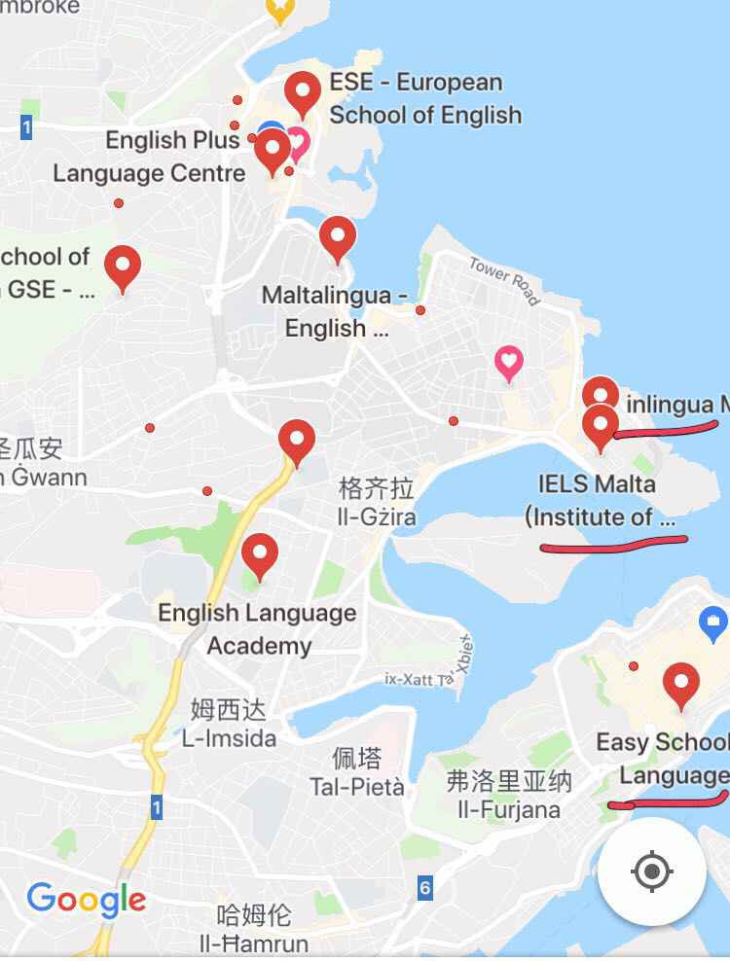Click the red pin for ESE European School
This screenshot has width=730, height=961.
click(303, 92)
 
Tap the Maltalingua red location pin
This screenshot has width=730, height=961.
click(338, 236)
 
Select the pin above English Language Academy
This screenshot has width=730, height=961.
click(260, 555)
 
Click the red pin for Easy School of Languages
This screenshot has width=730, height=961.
click(680, 684)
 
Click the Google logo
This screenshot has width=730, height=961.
click(86, 898)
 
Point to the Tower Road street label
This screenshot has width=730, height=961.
click(504, 280)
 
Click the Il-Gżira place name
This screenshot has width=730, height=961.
click(376, 516)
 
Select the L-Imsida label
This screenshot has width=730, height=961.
click(229, 738)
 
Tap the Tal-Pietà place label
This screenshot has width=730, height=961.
click(356, 786)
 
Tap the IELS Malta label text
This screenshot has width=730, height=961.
click(597, 483)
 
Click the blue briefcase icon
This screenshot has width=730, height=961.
click(713, 619)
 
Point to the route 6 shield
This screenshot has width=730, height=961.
click(424, 887)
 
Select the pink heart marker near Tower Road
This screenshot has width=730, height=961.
click(508, 363)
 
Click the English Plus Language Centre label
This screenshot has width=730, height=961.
click(151, 157)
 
